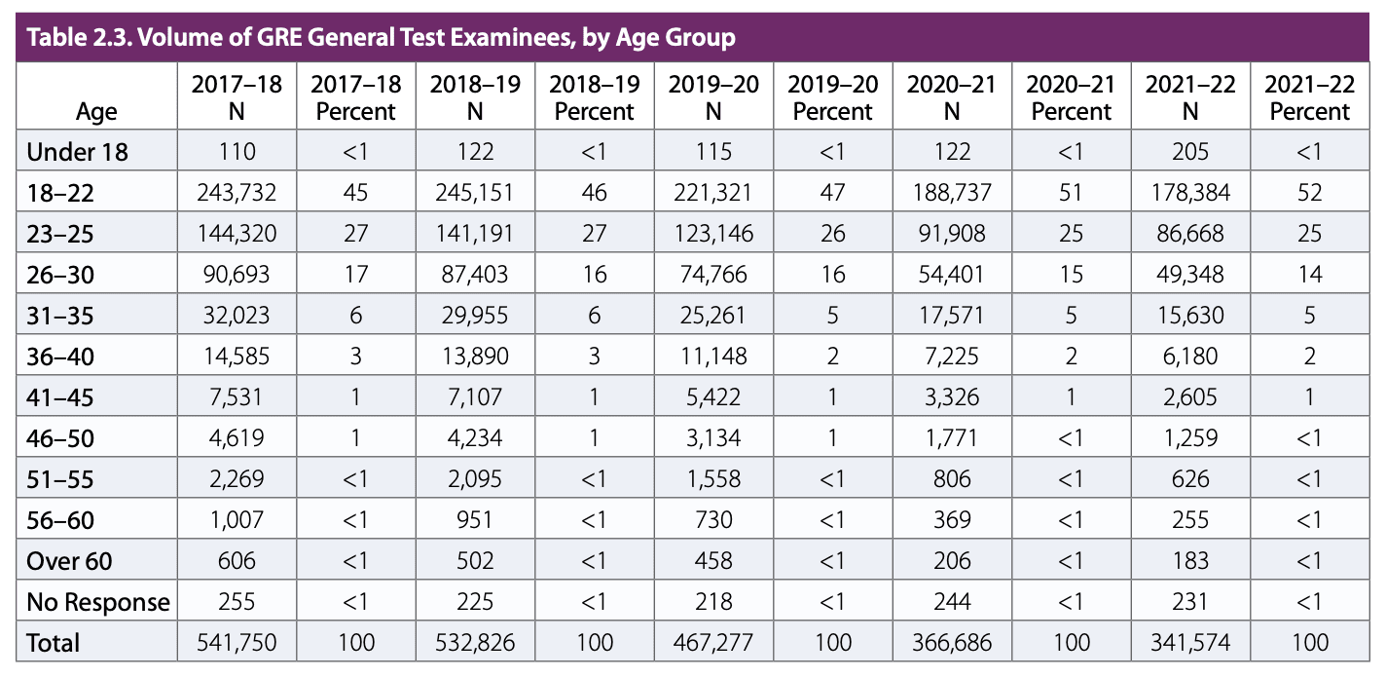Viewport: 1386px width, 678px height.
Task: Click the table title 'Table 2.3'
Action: (x=380, y=39)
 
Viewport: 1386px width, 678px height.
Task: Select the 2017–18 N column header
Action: (x=237, y=97)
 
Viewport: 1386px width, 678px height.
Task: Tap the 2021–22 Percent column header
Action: (x=1310, y=97)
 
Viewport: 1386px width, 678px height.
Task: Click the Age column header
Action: (x=96, y=111)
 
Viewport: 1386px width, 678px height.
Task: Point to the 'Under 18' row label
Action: (x=78, y=152)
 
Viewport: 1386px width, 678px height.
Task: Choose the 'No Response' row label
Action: (x=97, y=602)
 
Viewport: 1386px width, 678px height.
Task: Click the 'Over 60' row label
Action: (x=70, y=561)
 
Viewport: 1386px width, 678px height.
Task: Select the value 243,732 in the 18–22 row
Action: (x=237, y=193)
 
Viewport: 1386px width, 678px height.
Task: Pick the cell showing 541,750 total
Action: (x=237, y=643)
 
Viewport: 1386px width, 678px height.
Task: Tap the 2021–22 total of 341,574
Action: (x=1189, y=643)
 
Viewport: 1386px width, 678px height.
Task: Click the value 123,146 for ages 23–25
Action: (x=712, y=234)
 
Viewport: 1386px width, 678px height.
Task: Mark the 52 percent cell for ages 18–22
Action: (x=1310, y=193)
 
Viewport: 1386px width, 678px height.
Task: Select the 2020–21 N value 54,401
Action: (x=951, y=275)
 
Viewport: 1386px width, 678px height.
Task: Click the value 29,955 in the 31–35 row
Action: (x=475, y=316)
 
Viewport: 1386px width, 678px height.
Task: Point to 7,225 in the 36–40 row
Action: (x=951, y=357)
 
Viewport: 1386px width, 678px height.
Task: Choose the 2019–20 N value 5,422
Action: (x=712, y=397)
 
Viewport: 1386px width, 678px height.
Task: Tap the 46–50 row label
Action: (x=60, y=438)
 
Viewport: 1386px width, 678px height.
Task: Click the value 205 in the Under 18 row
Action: (x=1189, y=152)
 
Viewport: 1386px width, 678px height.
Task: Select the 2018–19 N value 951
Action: (x=475, y=520)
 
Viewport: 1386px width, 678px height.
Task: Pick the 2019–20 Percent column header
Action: (x=832, y=97)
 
